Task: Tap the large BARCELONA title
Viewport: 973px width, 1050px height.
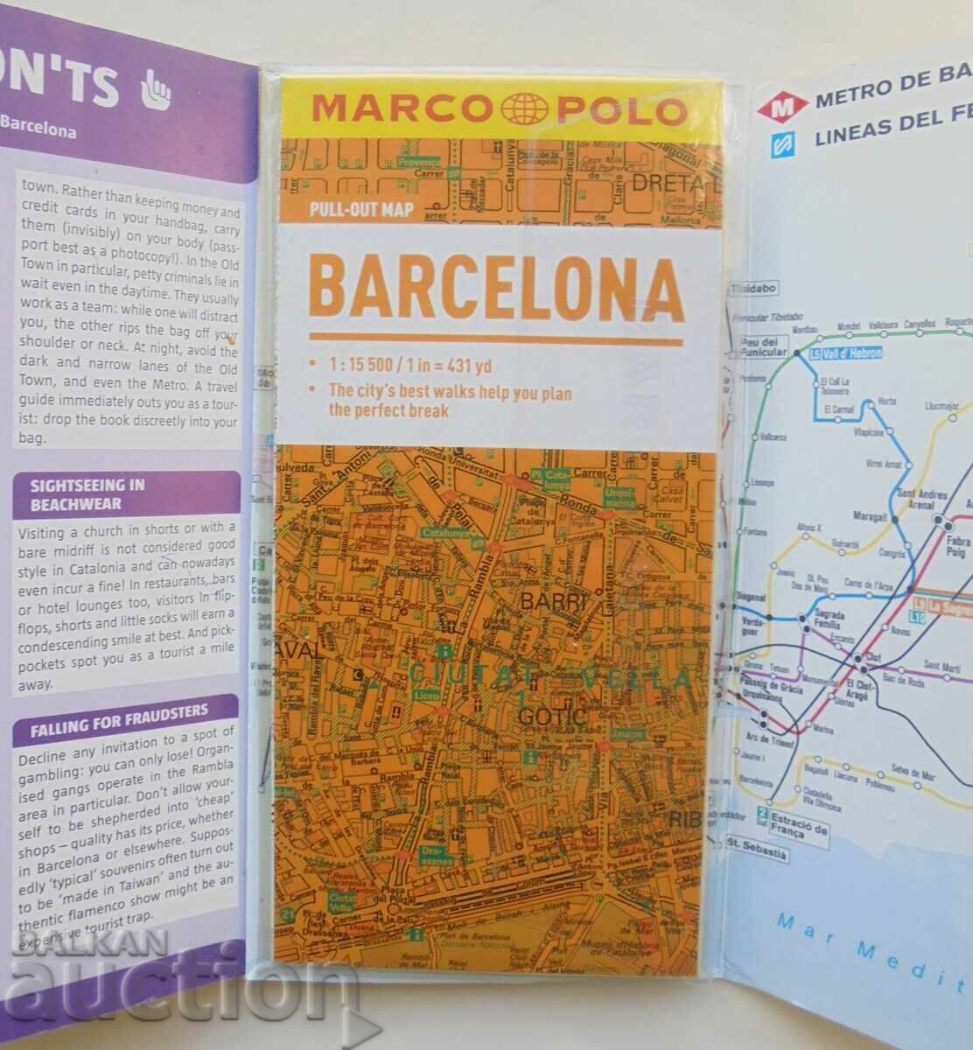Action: click(496, 289)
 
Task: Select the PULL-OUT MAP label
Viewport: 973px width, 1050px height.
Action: click(360, 210)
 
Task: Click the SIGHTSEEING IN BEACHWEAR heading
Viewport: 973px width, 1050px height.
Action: click(88, 494)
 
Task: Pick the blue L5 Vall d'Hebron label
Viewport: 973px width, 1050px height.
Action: click(844, 353)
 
